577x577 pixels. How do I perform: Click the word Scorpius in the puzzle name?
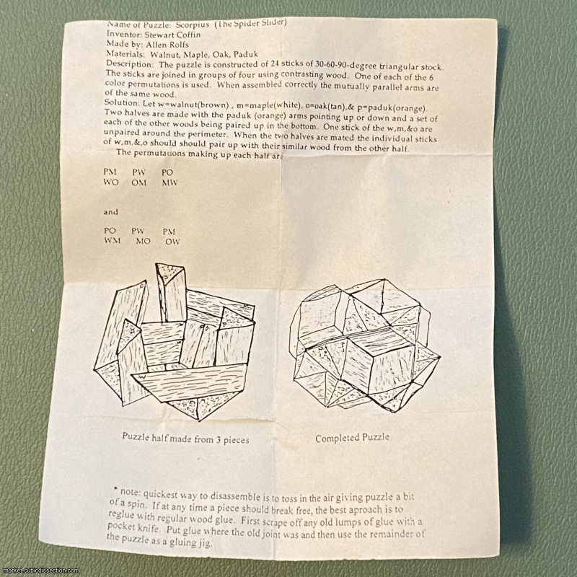point(192,25)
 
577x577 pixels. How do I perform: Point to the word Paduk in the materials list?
point(245,55)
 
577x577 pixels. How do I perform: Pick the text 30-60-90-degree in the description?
point(346,65)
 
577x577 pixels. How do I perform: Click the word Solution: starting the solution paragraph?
point(122,102)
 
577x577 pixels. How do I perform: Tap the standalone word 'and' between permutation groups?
point(110,212)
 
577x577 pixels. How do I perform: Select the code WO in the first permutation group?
point(111,182)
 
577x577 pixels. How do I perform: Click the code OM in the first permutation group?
point(139,182)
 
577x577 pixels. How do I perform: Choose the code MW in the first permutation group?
point(169,182)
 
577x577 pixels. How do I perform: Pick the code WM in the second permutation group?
point(112,241)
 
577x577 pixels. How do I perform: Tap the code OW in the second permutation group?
point(172,242)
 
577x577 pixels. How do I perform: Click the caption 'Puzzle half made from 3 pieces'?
point(185,439)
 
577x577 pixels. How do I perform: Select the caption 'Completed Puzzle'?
point(352,438)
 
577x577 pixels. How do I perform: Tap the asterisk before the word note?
point(115,489)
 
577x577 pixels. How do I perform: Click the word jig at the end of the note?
point(205,542)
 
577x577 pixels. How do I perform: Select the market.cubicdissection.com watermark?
point(40,571)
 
